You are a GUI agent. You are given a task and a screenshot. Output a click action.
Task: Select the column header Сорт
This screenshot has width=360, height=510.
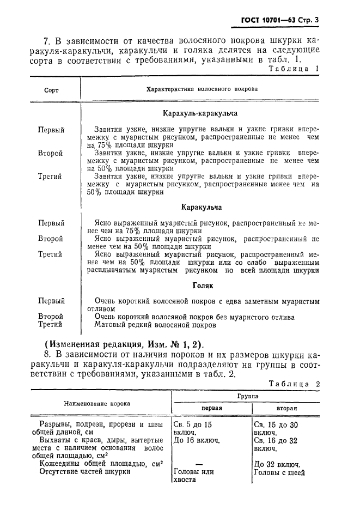click(x=52, y=89)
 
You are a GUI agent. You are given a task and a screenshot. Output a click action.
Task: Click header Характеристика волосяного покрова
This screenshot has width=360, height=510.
click(x=203, y=89)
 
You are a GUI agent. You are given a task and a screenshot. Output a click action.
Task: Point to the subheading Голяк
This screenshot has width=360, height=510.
click(x=202, y=285)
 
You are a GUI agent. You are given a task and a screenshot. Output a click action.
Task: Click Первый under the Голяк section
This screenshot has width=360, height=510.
click(x=51, y=301)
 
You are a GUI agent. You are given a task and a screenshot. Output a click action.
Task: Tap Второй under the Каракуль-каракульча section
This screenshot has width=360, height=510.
click(x=51, y=154)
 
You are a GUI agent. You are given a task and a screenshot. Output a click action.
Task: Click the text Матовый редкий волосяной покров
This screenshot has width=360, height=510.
click(x=155, y=325)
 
